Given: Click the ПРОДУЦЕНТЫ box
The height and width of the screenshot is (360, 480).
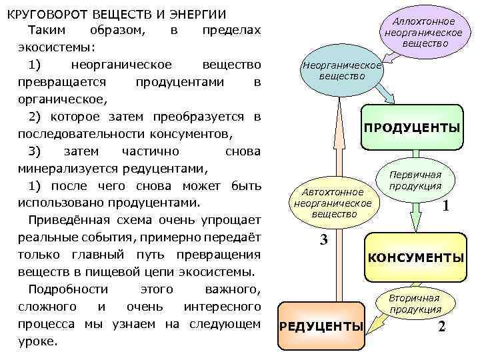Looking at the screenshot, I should (411, 127).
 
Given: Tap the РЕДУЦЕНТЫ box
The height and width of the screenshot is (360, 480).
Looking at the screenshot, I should (321, 326).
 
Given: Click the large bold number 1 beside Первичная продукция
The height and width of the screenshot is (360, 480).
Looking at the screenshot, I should (446, 207).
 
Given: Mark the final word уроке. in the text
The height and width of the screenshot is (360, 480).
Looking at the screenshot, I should (39, 341).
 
